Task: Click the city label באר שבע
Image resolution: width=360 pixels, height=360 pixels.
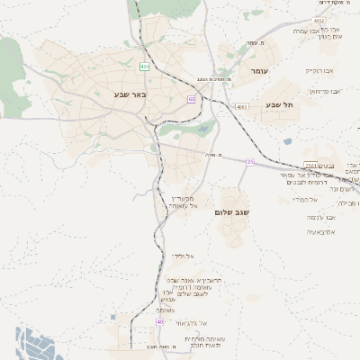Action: pos(130,94)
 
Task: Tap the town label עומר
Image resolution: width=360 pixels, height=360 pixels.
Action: pos(260,70)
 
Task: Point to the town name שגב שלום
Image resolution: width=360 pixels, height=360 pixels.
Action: pos(233,212)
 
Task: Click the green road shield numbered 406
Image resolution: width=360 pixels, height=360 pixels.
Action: pos(145,67)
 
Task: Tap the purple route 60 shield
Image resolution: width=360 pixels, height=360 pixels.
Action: pos(192,99)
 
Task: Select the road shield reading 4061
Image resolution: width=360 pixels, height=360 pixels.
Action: pos(242,107)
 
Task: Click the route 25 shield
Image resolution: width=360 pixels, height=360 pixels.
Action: pos(250,162)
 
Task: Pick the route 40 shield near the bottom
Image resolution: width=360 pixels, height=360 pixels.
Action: pos(160,321)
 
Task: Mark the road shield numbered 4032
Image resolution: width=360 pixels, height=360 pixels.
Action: pos(319,20)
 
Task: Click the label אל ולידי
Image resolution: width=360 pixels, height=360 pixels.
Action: pos(184,256)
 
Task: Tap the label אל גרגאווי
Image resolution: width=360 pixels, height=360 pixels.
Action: pos(191,322)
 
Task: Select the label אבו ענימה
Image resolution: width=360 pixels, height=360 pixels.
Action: pos(320,217)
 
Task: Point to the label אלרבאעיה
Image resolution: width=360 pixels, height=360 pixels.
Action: pos(320,232)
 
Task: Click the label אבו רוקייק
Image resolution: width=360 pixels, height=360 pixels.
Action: pos(319,69)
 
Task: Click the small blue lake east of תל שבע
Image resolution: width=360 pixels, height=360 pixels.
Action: pos(287,141)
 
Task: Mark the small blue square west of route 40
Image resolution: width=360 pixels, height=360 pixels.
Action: pos(112,317)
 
